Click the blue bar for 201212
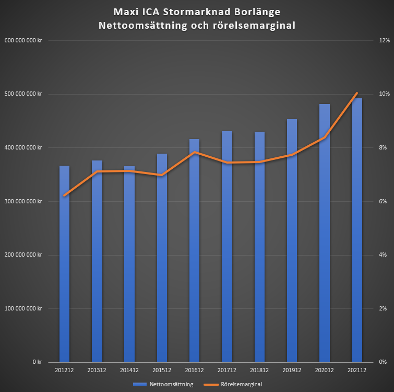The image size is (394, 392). tap(64, 263)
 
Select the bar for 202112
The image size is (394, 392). tap(357, 230)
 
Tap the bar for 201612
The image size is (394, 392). tap(194, 250)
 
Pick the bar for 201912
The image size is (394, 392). tap(292, 240)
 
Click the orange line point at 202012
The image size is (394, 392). tap(325, 137)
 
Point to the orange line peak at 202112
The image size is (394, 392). tap(357, 93)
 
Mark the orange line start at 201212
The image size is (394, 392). tap(64, 195)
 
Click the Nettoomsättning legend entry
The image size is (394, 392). tap(163, 384)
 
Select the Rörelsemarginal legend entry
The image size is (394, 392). tap(233, 384)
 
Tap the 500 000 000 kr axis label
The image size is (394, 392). tap(23, 94)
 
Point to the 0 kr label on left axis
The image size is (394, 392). tap(37, 362)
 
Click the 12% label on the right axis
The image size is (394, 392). tap(384, 40)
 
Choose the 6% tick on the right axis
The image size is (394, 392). tap(383, 201)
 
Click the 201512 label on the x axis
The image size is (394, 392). tap(162, 370)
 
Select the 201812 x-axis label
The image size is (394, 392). tap(259, 370)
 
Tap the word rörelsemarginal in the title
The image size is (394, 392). tap(254, 26)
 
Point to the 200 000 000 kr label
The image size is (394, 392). tap(23, 255)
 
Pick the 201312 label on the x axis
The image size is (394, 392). tap(97, 370)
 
